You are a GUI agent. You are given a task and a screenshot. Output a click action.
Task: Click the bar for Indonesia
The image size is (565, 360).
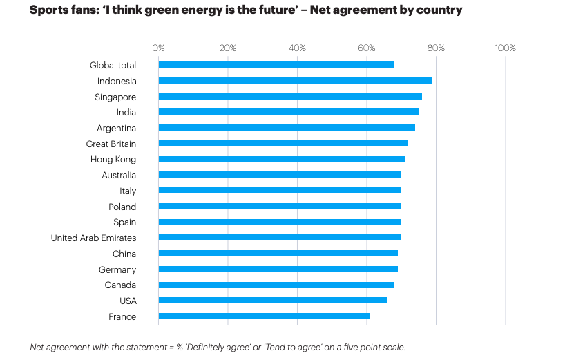(295, 81)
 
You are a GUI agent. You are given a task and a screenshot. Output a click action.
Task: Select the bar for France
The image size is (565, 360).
(264, 316)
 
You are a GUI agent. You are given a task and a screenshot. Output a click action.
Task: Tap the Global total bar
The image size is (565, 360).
(276, 65)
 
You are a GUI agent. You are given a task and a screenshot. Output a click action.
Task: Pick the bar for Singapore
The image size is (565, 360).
(290, 97)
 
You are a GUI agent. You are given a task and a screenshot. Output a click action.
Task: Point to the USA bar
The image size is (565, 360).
(273, 301)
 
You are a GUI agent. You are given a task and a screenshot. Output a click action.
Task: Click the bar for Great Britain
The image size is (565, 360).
(283, 144)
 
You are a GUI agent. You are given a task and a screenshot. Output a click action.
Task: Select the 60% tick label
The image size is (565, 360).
(367, 48)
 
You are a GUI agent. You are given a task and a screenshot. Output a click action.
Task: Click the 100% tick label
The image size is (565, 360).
(506, 48)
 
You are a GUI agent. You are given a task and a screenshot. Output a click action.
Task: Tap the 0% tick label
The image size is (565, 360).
(158, 48)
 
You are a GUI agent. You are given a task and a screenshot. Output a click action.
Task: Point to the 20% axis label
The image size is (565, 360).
(228, 48)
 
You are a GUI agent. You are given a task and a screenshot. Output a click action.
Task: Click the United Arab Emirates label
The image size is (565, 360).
(93, 238)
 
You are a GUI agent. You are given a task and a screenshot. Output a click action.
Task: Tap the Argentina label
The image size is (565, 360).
(116, 129)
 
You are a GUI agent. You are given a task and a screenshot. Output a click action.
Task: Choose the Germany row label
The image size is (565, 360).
(117, 269)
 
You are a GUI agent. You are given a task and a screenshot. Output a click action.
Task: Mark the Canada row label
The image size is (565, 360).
(120, 285)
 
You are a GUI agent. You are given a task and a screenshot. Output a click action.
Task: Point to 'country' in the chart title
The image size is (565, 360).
(437, 10)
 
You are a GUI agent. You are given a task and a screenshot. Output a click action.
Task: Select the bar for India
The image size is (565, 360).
(288, 112)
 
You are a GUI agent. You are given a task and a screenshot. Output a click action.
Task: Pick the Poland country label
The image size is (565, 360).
(122, 207)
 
